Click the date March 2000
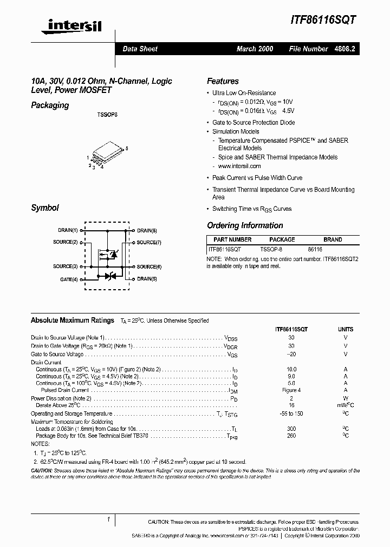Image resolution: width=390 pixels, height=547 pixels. click(x=255, y=49)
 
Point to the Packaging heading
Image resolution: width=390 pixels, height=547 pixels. click(x=50, y=105)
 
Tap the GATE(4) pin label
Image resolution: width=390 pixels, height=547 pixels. click(x=69, y=279)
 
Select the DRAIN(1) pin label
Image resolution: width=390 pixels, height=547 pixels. click(x=68, y=230)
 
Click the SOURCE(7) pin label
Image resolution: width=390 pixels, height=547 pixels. click(x=149, y=243)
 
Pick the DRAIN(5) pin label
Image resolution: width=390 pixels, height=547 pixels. click(x=147, y=279)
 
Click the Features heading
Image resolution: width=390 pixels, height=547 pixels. click(x=223, y=81)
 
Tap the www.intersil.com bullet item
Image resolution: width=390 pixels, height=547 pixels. click(x=239, y=166)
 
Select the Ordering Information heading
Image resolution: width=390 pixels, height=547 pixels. click(x=245, y=225)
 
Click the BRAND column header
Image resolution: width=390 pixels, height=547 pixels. click(x=333, y=239)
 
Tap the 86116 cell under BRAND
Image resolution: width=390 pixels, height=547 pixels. click(x=315, y=249)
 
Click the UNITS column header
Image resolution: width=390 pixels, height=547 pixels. click(x=346, y=329)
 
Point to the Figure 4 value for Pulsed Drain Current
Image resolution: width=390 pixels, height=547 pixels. click(x=291, y=390)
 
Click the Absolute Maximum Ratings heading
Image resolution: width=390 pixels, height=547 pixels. click(x=73, y=321)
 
